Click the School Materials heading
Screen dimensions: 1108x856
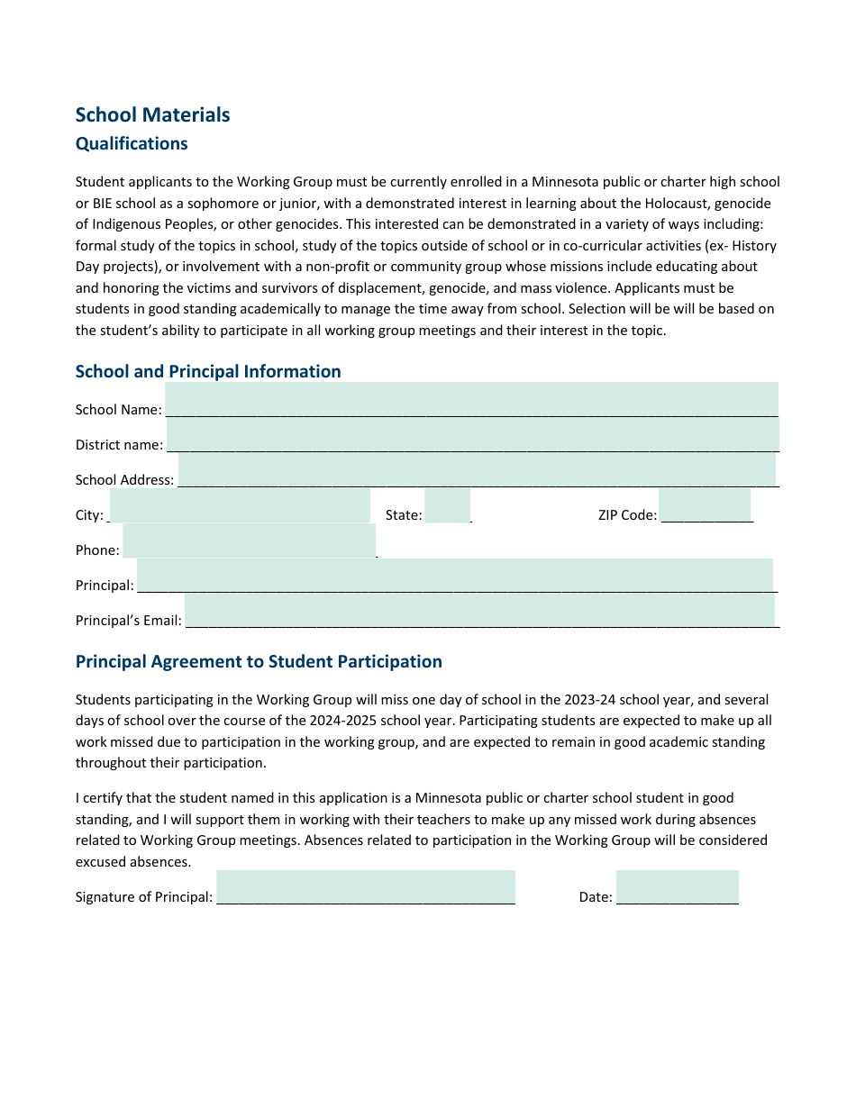(x=152, y=115)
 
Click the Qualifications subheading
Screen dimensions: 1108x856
(x=132, y=144)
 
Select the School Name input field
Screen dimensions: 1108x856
(x=471, y=399)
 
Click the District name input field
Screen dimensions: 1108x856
(x=472, y=434)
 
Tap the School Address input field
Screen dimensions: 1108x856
(x=477, y=469)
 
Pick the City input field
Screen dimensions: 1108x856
(x=240, y=505)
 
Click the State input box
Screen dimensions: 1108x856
(x=447, y=505)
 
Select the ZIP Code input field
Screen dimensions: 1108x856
(x=704, y=505)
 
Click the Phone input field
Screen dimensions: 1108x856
(x=249, y=540)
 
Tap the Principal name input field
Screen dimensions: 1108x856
(x=454, y=576)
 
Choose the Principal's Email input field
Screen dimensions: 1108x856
(x=479, y=610)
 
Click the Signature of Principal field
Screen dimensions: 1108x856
(x=365, y=887)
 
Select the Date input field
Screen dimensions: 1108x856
(x=677, y=887)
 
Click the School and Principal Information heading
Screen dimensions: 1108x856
(x=208, y=372)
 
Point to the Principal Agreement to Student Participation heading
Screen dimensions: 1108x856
(x=259, y=662)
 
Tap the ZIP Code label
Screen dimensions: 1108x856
(x=627, y=515)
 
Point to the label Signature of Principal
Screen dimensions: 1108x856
(x=144, y=897)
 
